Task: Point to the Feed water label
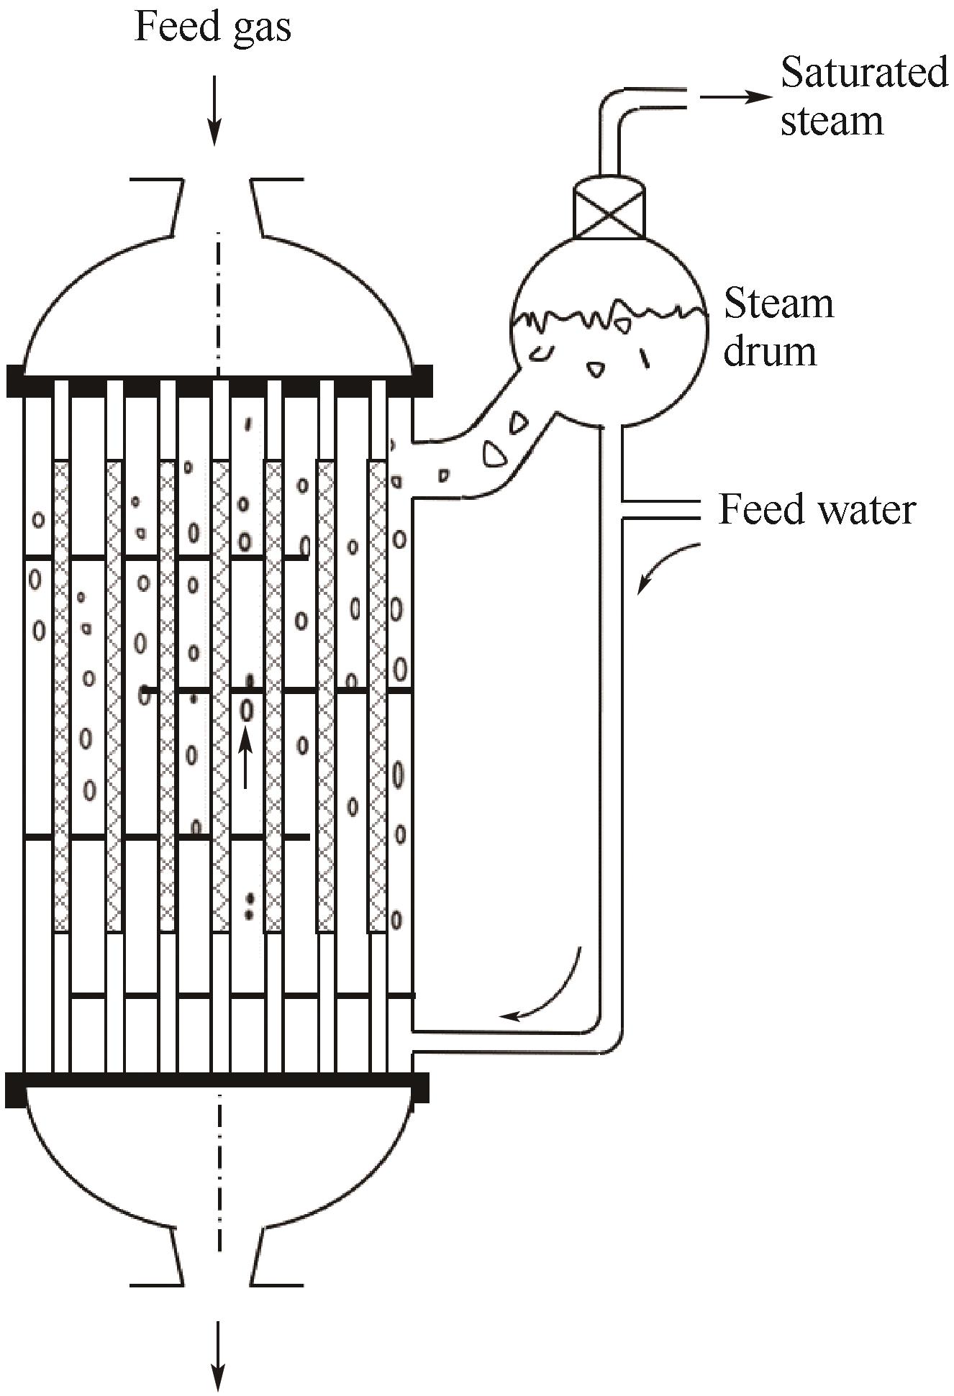817,510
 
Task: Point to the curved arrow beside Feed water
666,568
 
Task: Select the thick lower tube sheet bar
216,1087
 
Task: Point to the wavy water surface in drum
609,315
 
